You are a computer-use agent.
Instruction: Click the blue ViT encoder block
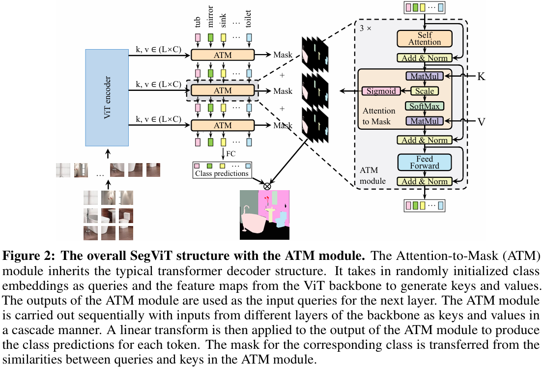coord(107,97)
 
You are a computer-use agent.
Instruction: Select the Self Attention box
coord(425,39)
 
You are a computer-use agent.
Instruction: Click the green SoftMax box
coord(425,106)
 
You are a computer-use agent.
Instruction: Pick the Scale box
coord(425,91)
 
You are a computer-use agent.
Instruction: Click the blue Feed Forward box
coord(425,162)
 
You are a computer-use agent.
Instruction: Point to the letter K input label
coord(481,77)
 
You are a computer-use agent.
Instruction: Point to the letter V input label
coord(481,121)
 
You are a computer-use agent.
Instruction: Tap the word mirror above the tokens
coord(211,19)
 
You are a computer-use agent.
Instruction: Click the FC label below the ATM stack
coord(230,154)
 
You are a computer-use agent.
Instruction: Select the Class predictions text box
coord(222,173)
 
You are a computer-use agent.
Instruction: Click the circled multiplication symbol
coord(267,186)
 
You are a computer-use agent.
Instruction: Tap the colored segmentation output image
coord(264,215)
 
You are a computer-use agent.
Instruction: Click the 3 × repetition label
coord(366,28)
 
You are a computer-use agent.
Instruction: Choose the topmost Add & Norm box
coord(425,58)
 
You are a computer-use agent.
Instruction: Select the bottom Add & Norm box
coord(425,181)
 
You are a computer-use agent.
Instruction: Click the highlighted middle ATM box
coord(222,91)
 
